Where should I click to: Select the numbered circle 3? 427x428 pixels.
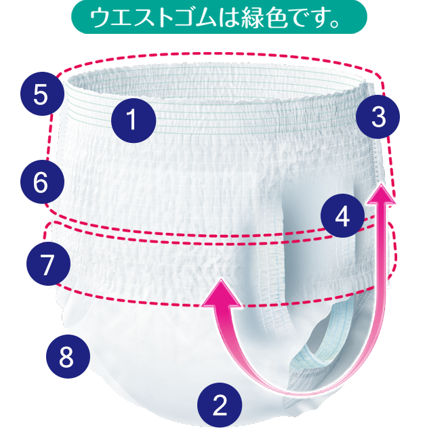pos(379,118)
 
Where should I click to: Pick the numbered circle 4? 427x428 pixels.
pos(342,217)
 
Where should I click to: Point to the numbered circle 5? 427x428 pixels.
pos(40,94)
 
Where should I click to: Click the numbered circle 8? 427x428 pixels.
pos(66,356)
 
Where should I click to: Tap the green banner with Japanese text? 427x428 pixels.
pos(218,18)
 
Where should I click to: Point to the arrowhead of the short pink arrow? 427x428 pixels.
pos(222,292)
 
